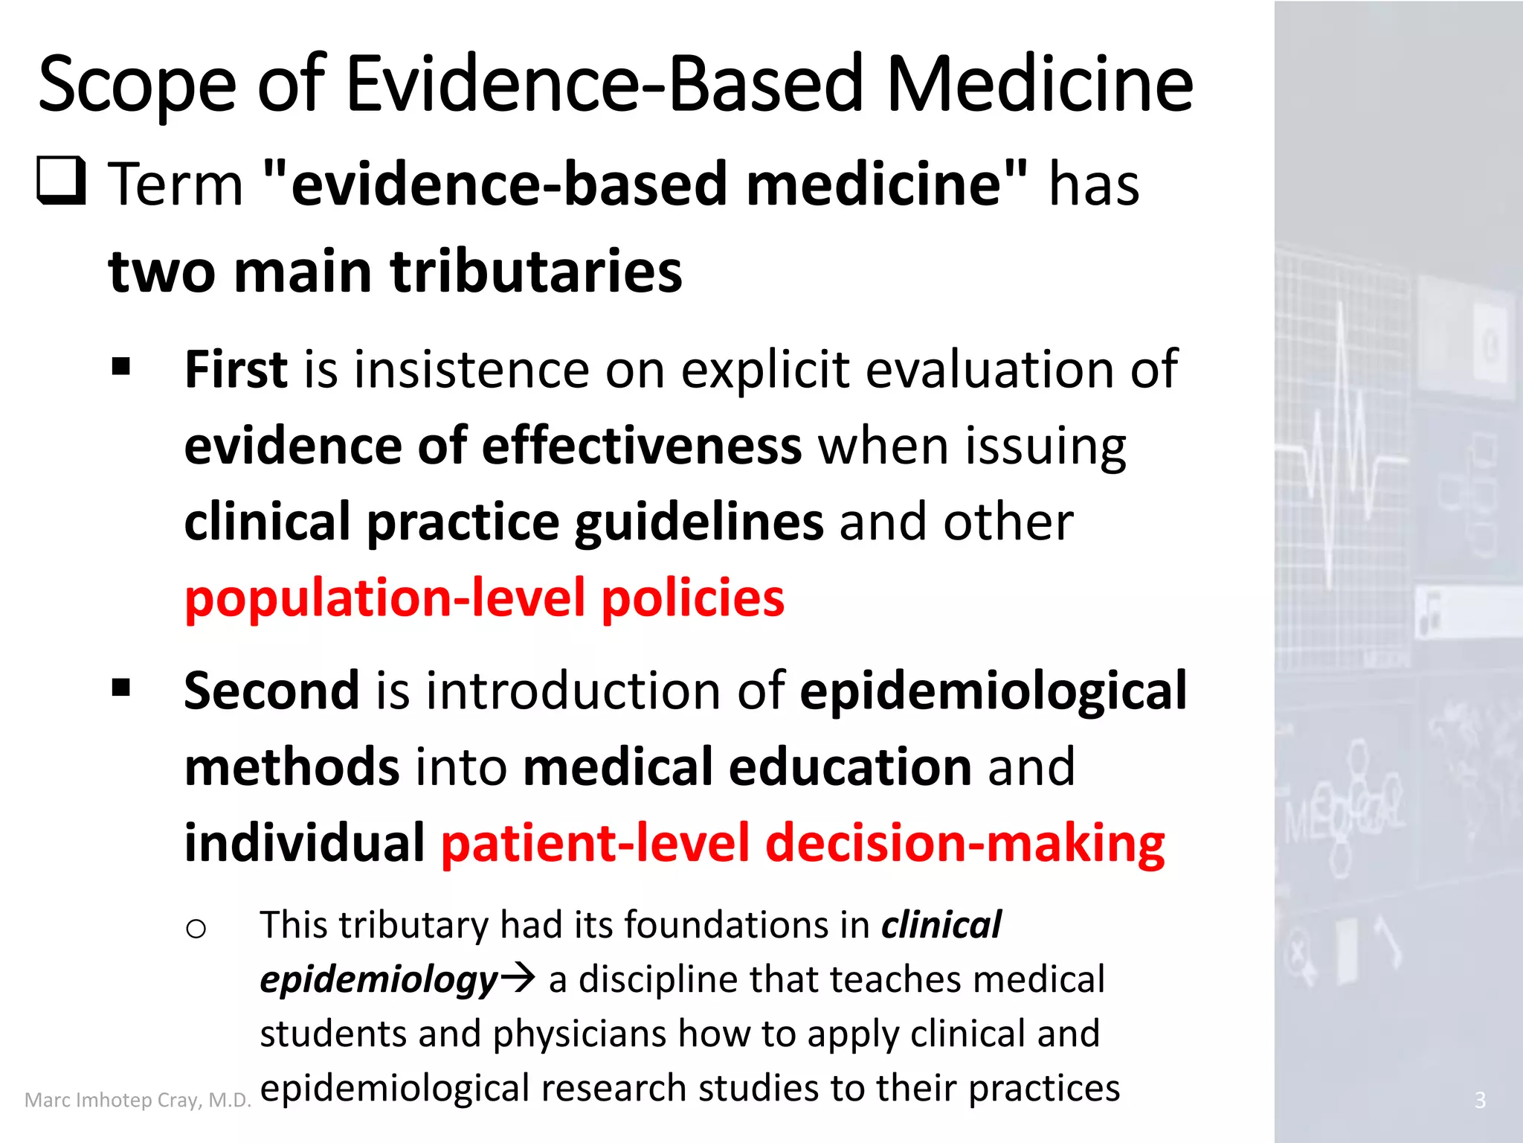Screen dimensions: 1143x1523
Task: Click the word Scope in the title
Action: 137,86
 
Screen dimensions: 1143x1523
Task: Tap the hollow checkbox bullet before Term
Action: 61,181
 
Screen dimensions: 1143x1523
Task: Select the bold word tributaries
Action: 536,272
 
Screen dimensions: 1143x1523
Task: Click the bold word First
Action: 236,370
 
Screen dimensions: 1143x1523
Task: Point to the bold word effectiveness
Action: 642,446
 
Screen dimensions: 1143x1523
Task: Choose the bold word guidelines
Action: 699,522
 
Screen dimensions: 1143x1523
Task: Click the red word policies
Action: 692,598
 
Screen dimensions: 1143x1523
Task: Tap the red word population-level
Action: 385,598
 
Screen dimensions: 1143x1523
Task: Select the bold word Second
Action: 271,691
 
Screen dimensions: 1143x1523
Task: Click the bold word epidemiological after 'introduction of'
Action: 993,692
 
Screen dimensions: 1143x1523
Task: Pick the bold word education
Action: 849,767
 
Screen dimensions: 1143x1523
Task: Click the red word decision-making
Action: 965,844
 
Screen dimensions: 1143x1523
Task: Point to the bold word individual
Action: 304,844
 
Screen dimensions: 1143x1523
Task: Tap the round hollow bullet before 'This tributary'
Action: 196,929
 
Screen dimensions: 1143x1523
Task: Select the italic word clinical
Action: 941,925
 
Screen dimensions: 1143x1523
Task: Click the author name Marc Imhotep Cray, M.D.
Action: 138,1100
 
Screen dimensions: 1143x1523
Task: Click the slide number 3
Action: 1480,1100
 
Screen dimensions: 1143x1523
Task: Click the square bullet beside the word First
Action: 120,367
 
